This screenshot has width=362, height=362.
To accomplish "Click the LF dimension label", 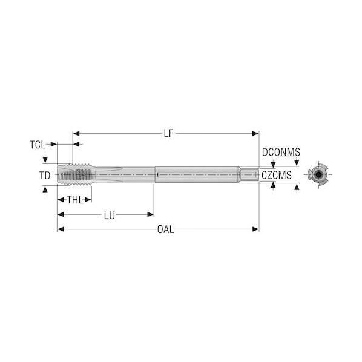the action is (168, 133).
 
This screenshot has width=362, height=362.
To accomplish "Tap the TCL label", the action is (38, 145).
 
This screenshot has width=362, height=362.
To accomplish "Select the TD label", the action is (45, 176).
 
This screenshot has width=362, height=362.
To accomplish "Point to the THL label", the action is (75, 200).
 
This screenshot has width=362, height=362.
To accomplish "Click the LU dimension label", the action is (110, 215).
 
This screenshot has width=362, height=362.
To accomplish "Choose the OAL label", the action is (165, 229).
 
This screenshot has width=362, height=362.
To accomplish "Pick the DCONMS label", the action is (281, 152).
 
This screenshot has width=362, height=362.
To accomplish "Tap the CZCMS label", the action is (277, 175).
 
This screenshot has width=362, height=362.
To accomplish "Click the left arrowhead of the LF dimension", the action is (76, 133).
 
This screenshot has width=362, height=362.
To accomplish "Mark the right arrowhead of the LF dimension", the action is (255, 133).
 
